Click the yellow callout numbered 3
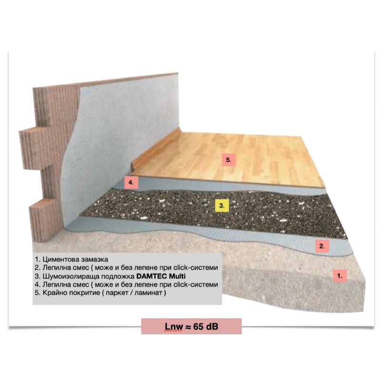222,206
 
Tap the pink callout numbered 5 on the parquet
229,160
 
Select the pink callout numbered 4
131,182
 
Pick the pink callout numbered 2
322,246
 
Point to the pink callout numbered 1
340,276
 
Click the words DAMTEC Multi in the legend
161,276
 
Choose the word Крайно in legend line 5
55,292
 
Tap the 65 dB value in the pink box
206,327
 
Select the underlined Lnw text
174,327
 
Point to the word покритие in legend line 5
84,293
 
